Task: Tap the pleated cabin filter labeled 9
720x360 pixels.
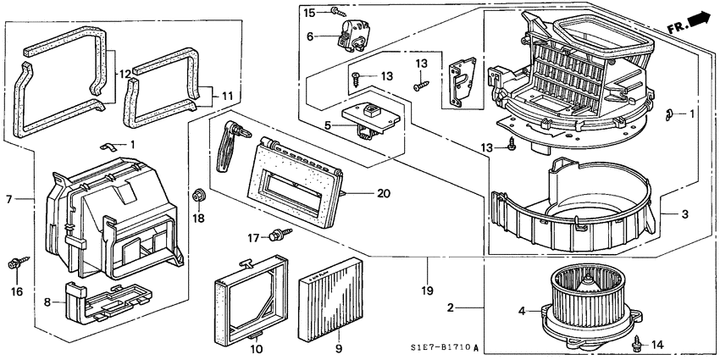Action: point(331,295)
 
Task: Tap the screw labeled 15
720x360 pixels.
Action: point(338,11)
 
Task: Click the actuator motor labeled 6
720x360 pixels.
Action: point(355,36)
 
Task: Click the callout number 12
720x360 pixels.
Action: point(125,75)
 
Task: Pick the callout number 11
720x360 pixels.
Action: point(225,96)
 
